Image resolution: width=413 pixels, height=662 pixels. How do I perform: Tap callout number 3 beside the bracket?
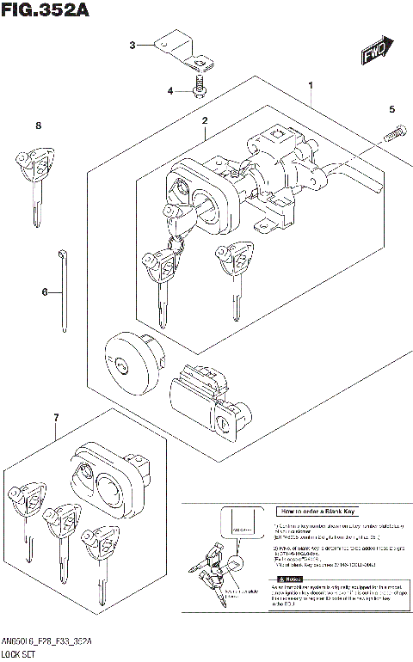[132, 45]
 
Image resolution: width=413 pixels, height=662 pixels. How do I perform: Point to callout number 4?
[170, 90]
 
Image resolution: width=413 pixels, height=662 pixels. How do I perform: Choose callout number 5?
[391, 109]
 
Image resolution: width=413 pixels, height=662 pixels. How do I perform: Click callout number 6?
[45, 292]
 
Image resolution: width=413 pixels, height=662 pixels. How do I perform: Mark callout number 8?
[38, 126]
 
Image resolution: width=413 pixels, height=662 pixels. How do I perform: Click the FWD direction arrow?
[376, 53]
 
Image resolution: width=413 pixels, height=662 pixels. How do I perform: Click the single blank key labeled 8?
[34, 181]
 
